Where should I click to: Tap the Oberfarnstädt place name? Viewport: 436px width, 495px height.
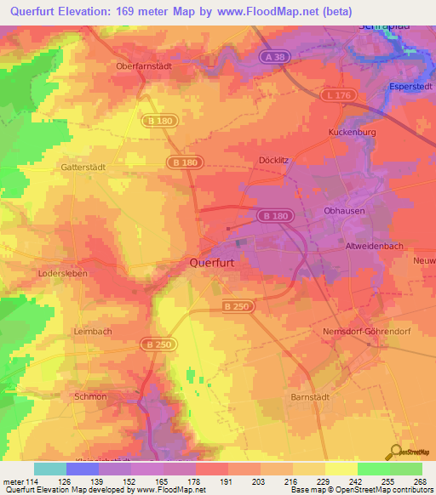point(144,65)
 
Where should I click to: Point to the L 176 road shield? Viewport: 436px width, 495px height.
point(338,95)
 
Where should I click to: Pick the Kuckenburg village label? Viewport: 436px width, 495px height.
point(351,133)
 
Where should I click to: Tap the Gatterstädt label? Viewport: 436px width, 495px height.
point(83,168)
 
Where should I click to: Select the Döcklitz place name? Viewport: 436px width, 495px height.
point(274,160)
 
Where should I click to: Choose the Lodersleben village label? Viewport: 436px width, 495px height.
point(64,274)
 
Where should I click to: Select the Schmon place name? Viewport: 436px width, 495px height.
point(90,396)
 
